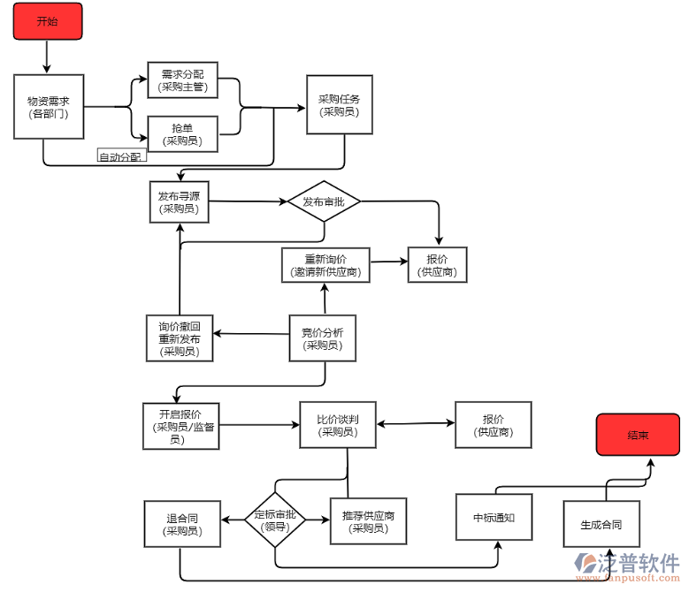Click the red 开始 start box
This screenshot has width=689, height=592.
[48, 21]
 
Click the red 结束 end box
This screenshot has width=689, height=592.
[638, 435]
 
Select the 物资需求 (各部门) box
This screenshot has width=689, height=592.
[49, 107]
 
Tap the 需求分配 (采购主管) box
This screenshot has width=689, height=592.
[182, 80]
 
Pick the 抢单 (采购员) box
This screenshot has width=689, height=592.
[182, 134]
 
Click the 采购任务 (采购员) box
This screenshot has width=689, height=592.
[339, 105]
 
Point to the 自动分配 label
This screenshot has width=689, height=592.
[120, 157]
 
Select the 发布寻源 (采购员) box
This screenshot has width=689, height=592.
[180, 201]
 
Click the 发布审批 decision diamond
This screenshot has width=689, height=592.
[324, 202]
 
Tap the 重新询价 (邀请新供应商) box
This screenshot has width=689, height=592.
[325, 265]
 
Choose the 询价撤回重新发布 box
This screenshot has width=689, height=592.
[180, 338]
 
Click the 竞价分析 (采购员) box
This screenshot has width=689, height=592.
[323, 338]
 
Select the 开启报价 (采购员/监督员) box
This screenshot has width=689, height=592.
[180, 426]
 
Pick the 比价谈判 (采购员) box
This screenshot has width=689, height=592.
[338, 425]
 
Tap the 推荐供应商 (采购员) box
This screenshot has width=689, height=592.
[369, 521]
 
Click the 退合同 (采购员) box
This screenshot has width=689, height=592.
[182, 525]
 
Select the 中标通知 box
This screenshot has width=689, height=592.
[495, 517]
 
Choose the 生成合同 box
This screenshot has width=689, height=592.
[601, 525]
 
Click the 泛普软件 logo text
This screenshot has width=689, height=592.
[640, 562]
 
